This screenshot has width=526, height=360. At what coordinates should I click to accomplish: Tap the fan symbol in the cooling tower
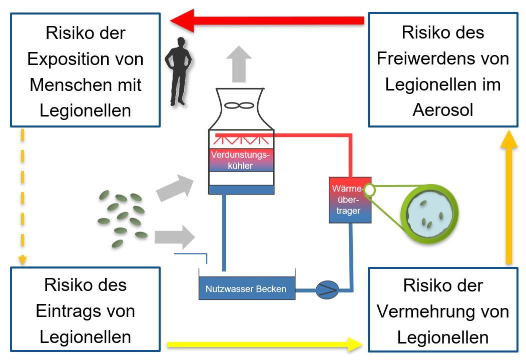[241, 105]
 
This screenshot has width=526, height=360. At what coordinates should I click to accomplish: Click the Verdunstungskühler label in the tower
[241, 159]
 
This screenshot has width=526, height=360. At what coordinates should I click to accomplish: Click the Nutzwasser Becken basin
[246, 288]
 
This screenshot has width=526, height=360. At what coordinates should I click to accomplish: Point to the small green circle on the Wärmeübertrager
[369, 190]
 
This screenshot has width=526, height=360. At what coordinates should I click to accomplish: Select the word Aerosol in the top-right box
[442, 110]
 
